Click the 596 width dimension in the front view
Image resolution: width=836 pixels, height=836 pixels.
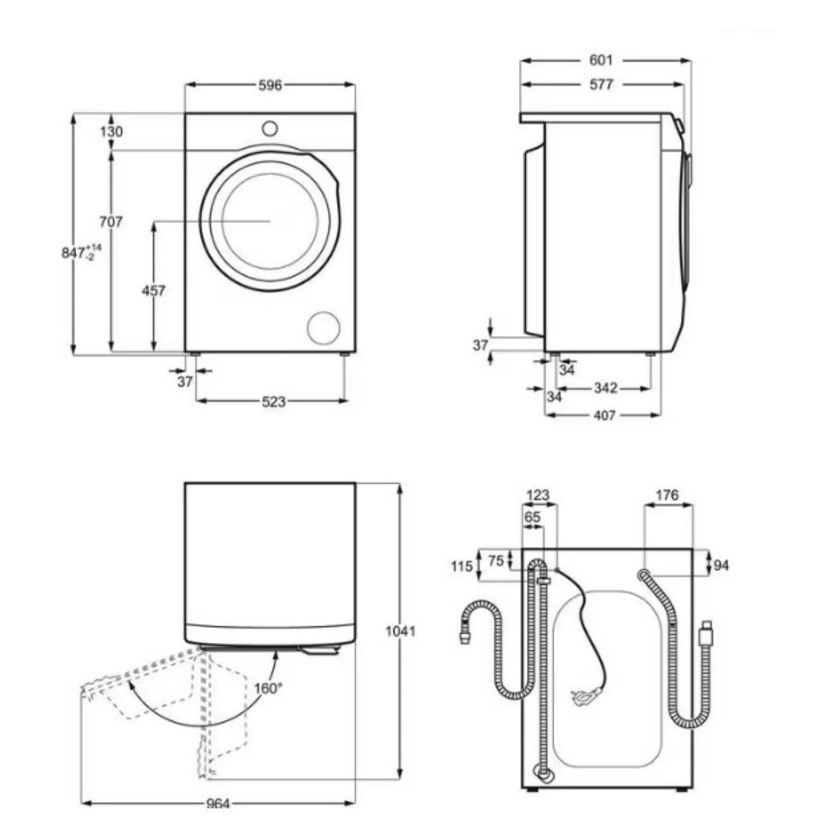click(270, 86)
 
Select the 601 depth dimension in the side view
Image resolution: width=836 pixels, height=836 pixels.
click(601, 60)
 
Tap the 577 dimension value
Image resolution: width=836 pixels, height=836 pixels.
click(601, 85)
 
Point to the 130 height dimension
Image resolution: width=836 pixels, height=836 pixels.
click(111, 131)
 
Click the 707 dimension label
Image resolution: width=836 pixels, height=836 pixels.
click(111, 222)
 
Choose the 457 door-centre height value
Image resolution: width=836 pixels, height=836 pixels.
click(154, 290)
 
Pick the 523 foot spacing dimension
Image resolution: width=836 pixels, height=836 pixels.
click(274, 402)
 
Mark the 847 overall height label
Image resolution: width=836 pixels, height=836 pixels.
click(82, 252)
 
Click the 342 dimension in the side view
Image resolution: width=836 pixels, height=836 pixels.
click(605, 387)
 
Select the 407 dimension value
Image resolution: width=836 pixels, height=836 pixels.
click(604, 415)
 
